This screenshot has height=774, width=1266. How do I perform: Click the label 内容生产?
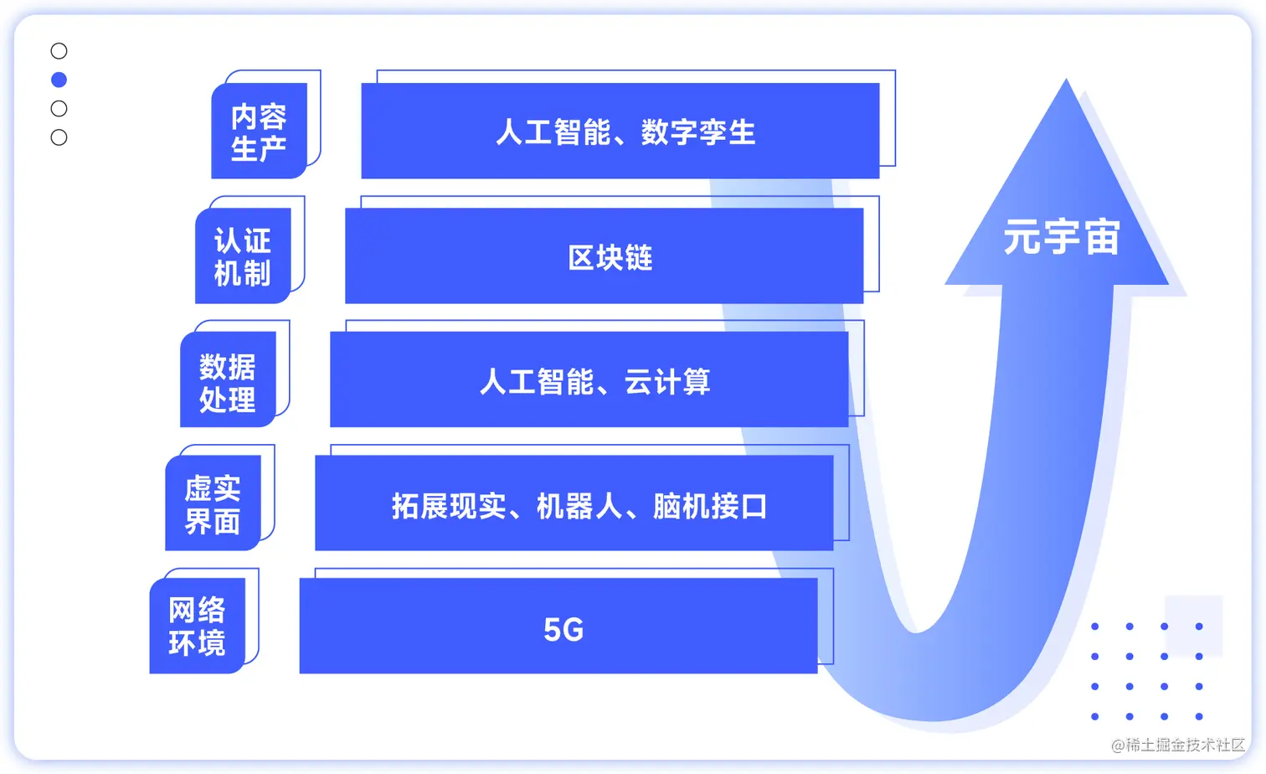click(x=259, y=132)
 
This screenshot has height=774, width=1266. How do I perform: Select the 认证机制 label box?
click(x=243, y=256)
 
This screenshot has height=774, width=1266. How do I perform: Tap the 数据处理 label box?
click(x=228, y=381)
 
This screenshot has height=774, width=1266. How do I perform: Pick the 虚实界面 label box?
click(x=213, y=504)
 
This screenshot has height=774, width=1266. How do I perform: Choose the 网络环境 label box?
click(x=198, y=626)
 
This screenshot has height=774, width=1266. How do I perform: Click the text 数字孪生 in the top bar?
click(x=698, y=132)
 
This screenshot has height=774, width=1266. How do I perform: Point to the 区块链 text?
click(x=610, y=257)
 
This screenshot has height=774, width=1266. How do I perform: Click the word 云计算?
click(x=667, y=382)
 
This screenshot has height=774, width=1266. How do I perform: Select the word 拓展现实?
click(x=449, y=506)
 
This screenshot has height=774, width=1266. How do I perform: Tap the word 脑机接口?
click(x=710, y=506)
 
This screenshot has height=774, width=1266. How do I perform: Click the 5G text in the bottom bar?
click(x=564, y=629)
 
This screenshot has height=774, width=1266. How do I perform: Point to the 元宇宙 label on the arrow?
click(x=1062, y=237)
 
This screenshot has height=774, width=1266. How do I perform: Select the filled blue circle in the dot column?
click(x=59, y=80)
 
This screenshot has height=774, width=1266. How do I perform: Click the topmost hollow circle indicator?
click(x=59, y=51)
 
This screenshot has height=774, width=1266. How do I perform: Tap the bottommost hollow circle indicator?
click(x=59, y=137)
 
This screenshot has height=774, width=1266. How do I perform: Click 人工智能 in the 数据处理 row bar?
click(x=537, y=382)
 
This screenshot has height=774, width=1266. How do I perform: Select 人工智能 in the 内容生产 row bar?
click(x=553, y=132)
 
